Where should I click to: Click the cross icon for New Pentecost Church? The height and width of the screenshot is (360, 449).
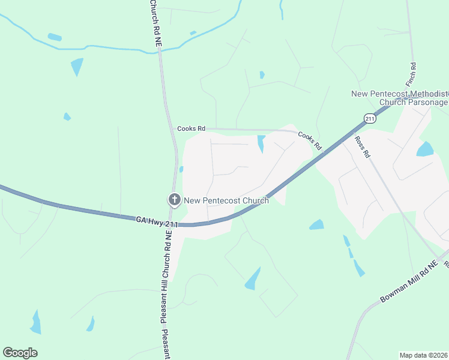click(x=174, y=200)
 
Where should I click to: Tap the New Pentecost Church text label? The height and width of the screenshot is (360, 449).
click(x=226, y=200)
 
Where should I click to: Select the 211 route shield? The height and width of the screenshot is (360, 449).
click(x=369, y=119)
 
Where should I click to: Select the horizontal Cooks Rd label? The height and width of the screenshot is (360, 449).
click(x=191, y=128)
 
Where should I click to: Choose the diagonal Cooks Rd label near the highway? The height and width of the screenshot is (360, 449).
click(x=310, y=142)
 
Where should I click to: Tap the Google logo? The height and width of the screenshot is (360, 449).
click(x=20, y=353)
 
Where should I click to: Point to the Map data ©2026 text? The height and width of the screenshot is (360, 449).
click(x=424, y=355)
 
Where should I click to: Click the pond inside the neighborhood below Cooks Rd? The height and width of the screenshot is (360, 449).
click(x=261, y=144)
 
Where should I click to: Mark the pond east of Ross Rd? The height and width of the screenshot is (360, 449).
click(x=425, y=149)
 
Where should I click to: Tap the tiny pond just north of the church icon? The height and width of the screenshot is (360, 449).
click(x=181, y=170)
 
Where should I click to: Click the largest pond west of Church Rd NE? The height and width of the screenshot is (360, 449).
click(x=77, y=66)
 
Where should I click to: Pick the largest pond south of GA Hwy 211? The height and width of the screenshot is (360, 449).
click(x=253, y=279)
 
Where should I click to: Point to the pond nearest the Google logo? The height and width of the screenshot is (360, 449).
click(x=36, y=322)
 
